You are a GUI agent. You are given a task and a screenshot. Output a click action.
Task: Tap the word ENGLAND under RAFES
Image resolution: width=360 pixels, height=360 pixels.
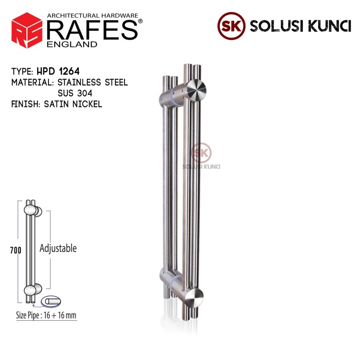coord(72,44)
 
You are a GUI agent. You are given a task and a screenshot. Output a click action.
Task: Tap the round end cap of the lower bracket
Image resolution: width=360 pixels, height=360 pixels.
coord(195,297)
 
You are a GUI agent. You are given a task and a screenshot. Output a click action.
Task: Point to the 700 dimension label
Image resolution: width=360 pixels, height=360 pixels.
coord(16,250)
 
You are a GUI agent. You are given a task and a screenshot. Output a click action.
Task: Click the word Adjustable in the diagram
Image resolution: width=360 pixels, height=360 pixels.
coord(58,248)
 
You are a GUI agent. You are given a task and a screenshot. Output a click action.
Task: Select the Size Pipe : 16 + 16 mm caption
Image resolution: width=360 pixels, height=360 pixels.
coord(46,316)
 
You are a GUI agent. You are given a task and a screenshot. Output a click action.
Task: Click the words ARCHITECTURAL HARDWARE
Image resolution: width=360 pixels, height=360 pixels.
coord(92,15)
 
